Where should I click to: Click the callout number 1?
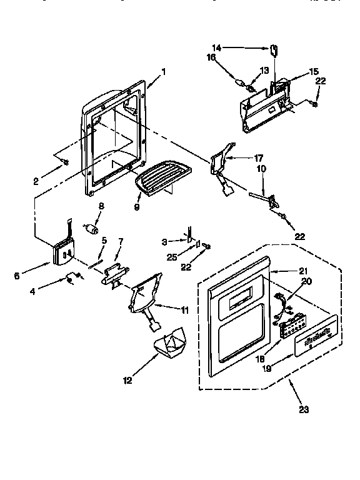pyautogui.click(x=163, y=71)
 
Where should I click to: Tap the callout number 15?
pyautogui.click(x=314, y=72)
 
